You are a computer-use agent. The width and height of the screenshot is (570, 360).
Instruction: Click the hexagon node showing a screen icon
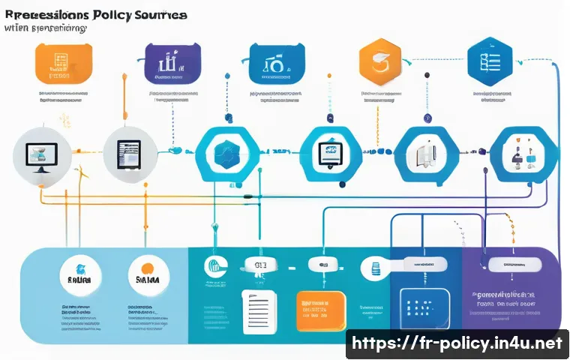pyautogui.click(x=328, y=153)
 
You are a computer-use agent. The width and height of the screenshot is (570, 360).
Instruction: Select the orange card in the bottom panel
pyautogui.click(x=319, y=310)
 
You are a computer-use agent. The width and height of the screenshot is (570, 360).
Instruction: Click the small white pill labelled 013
pyautogui.click(x=261, y=264)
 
